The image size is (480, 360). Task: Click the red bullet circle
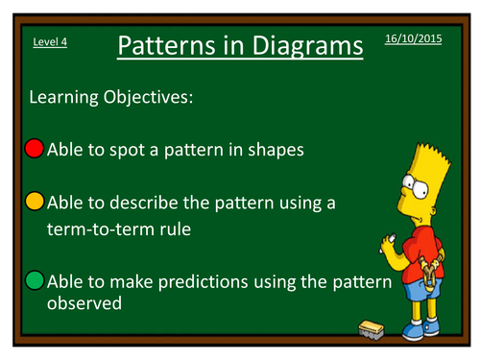click(35, 149)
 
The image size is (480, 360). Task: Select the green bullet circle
click(35, 282)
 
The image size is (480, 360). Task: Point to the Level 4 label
click(49, 41)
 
